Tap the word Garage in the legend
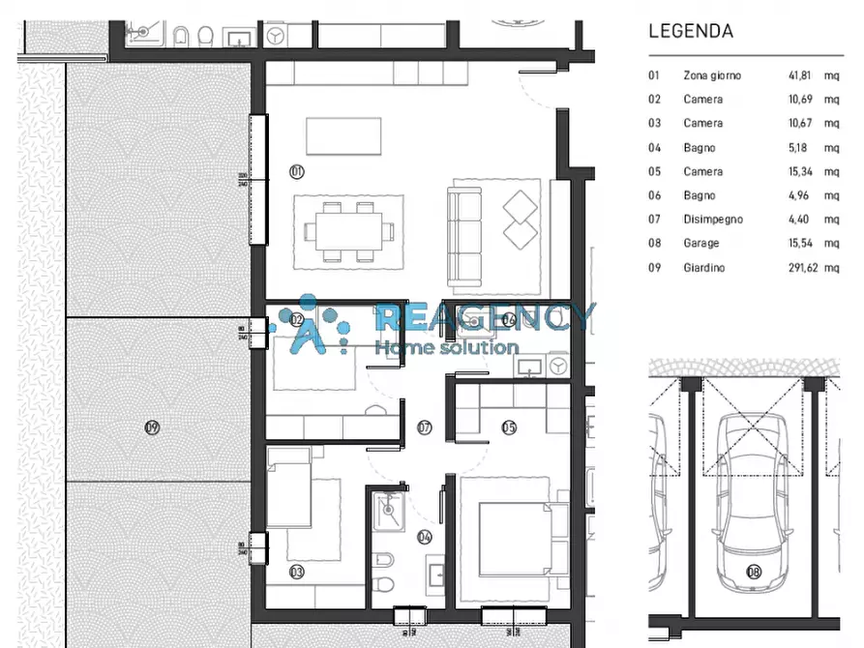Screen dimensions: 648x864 [700, 244]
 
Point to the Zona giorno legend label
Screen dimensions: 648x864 [711, 74]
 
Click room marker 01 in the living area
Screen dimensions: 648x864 [296, 171]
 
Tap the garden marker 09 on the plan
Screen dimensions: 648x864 [151, 427]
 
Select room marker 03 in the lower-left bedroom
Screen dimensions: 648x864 [296, 573]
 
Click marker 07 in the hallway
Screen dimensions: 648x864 [424, 427]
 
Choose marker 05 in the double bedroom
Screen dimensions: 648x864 [509, 427]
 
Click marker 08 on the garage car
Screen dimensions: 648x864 [754, 572]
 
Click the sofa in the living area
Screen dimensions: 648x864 [464, 234]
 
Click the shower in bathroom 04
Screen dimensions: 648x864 [387, 506]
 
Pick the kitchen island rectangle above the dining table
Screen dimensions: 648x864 [343, 135]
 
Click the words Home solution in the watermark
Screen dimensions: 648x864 [446, 347]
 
